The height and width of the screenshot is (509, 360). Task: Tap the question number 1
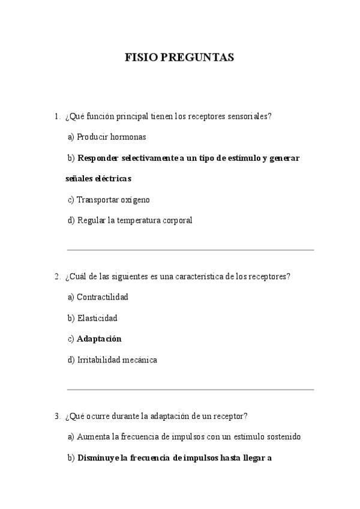pos(56,116)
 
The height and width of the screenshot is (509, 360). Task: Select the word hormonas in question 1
pos(127,137)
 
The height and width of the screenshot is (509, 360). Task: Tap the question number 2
pos(56,277)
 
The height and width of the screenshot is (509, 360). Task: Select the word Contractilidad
pos(103,297)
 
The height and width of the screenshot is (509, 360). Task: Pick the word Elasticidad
pos(97,318)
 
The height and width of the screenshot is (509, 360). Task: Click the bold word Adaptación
pos(99,339)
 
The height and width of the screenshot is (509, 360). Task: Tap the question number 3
pos(56,416)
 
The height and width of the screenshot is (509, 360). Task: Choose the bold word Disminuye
pos(98,457)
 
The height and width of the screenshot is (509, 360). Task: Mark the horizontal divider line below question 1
pos(190,250)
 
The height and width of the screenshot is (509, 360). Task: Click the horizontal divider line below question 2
pos(190,390)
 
